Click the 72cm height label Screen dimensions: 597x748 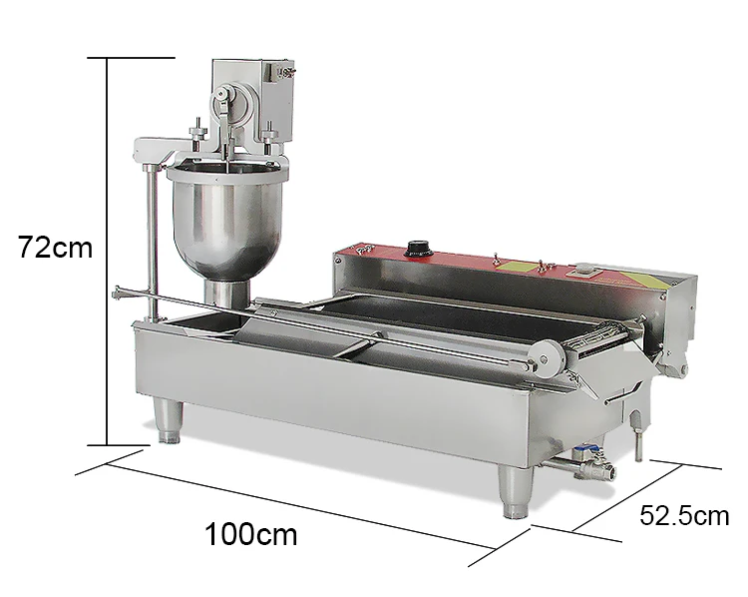click(54, 247)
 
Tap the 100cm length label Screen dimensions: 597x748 click(251, 534)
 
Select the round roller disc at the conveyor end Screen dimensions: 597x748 click(546, 355)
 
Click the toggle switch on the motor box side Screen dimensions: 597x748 click(288, 71)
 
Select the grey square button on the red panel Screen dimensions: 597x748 click(583, 269)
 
